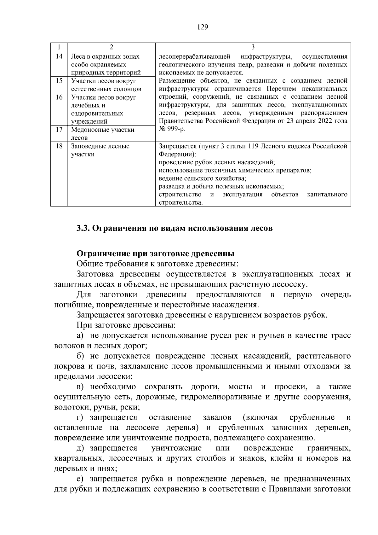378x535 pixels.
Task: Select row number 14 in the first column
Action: [59, 56]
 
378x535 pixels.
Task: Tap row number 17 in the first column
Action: [59, 130]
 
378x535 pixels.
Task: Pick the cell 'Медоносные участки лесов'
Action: [103, 134]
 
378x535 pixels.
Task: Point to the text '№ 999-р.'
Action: [172, 130]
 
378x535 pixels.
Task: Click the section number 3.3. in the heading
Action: [83, 228]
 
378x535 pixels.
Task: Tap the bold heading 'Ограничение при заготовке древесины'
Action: [155, 254]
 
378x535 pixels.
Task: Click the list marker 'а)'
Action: [80, 336]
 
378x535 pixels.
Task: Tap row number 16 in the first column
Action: [59, 97]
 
